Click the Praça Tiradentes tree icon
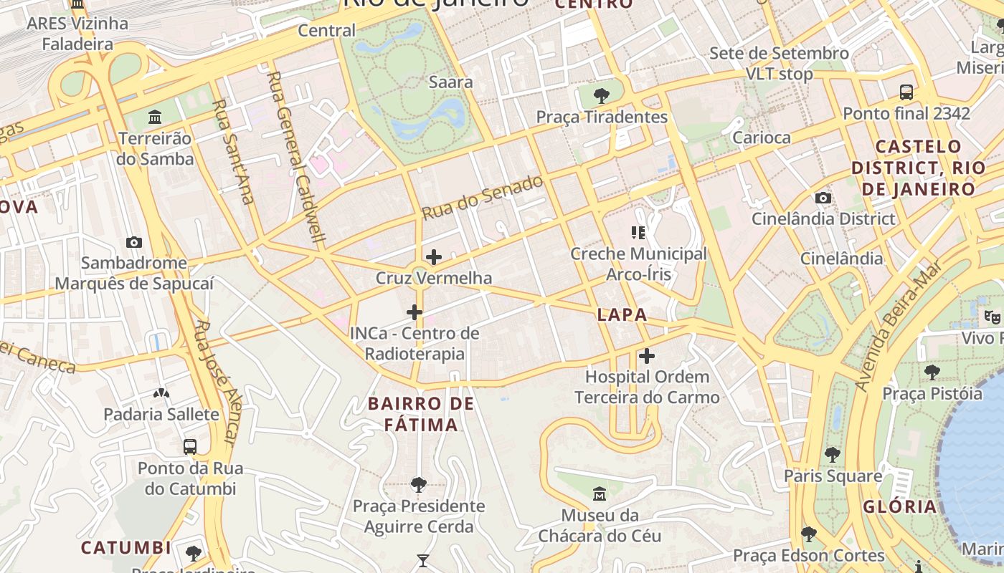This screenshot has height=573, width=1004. tap(602, 95)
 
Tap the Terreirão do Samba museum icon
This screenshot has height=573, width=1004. tap(155, 117)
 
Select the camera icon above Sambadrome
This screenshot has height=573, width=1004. tap(134, 242)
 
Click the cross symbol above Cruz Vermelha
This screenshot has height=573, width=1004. tap(433, 257)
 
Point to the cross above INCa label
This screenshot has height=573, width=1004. tap(414, 312)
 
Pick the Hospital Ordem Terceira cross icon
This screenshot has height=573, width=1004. tap(647, 356)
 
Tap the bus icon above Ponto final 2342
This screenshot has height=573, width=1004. tap(906, 92)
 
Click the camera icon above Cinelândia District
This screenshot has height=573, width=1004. tap(823, 198)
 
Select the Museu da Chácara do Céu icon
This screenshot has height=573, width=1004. tap(600, 494)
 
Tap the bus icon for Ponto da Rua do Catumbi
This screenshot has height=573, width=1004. tap(190, 447)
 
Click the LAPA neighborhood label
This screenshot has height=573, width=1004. tap(622, 314)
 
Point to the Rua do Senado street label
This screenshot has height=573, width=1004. tap(482, 198)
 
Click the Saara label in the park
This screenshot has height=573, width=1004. tap(450, 82)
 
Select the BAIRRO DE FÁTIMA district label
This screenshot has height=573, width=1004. tap(421, 414)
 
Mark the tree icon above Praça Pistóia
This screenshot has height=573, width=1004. tap(932, 372)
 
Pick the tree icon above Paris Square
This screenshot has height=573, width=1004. tap(833, 454)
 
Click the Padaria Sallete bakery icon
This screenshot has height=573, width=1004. tap(161, 393)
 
